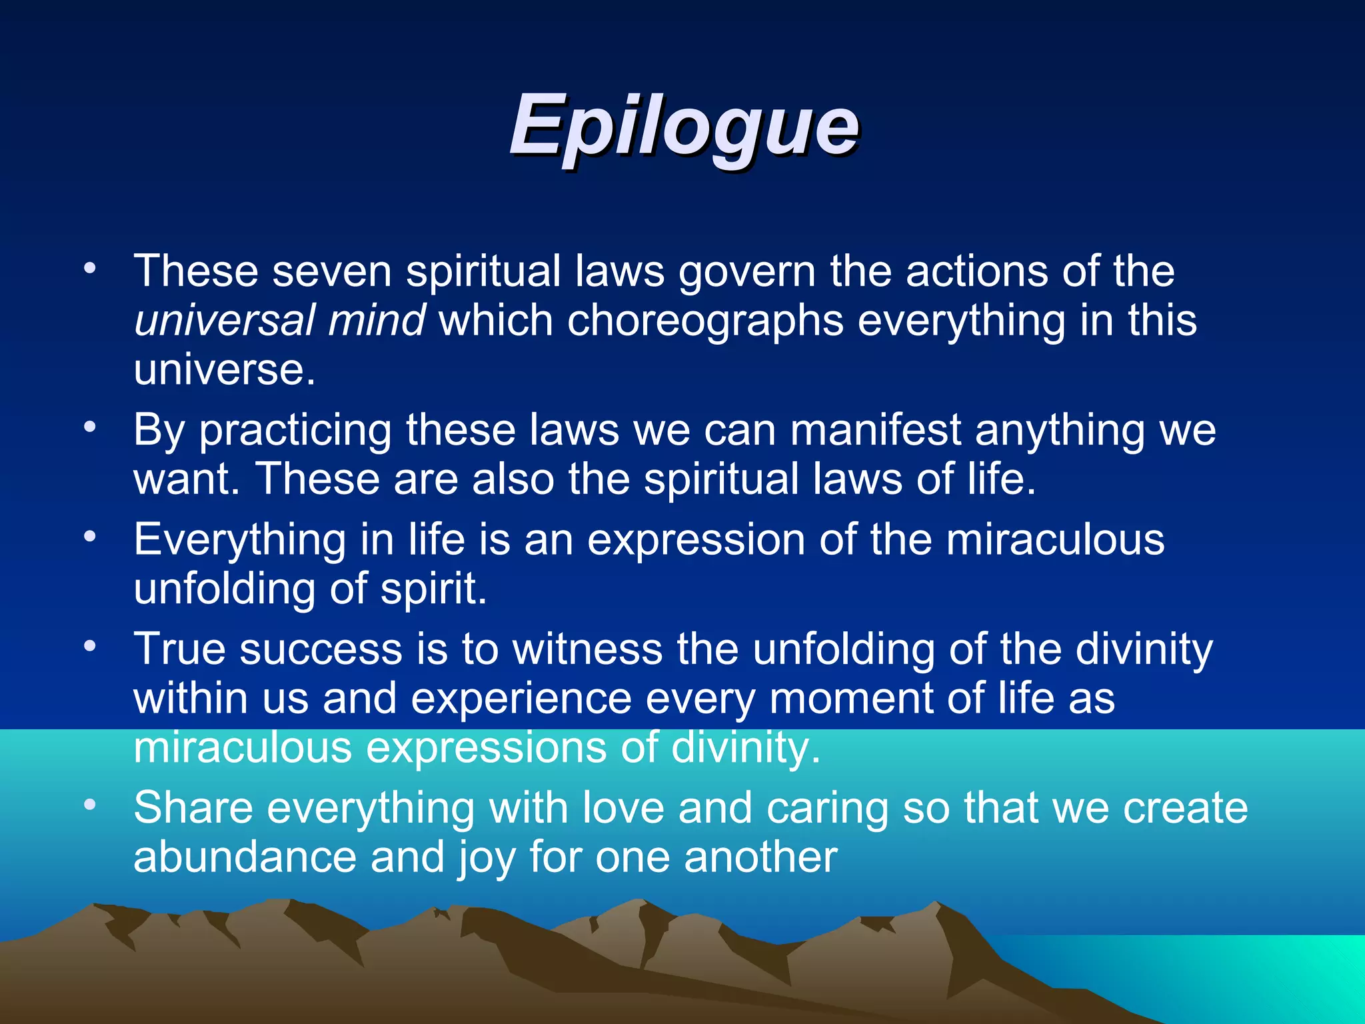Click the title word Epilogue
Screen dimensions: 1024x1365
[x=683, y=127]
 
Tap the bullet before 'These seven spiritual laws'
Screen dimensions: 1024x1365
[x=90, y=269]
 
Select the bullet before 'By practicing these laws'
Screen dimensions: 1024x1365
[x=90, y=427]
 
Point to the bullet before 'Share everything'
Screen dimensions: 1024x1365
[x=90, y=805]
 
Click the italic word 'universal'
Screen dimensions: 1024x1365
[x=223, y=321]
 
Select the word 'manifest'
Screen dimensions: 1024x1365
[x=875, y=430]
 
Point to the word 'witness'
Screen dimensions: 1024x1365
[x=587, y=649]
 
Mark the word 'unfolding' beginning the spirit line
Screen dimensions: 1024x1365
[x=225, y=589]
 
